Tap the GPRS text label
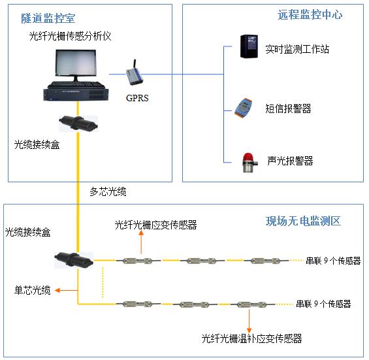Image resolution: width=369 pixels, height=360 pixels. tap(137, 98)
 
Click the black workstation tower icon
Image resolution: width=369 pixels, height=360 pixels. tap(249, 46)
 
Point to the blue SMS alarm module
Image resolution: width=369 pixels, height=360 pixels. tap(243, 108)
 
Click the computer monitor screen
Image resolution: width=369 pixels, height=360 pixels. tap(76, 63)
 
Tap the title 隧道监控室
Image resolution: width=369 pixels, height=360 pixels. tap(48, 18)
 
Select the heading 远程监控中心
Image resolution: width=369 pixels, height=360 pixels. tap(310, 14)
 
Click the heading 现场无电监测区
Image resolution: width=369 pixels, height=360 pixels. tap(303, 221)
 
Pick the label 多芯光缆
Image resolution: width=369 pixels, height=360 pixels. tap(108, 192)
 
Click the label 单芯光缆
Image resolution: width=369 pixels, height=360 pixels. tap(33, 290)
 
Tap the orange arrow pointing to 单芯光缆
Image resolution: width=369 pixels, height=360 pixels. tap(67, 290)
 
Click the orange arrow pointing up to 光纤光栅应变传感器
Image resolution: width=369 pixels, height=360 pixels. tap(141, 242)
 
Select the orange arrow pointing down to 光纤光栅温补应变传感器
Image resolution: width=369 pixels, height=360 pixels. tap(249, 321)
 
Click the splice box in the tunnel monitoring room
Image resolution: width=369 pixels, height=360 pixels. tap(78, 123)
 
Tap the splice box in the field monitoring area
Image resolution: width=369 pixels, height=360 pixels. tap(74, 260)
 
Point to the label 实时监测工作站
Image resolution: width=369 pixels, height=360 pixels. tap(297, 49)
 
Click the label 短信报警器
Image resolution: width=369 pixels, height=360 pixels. tap(288, 108)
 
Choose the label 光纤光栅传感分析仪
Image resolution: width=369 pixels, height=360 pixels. tap(70, 36)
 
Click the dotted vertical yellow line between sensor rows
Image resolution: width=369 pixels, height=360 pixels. tap(103, 282)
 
